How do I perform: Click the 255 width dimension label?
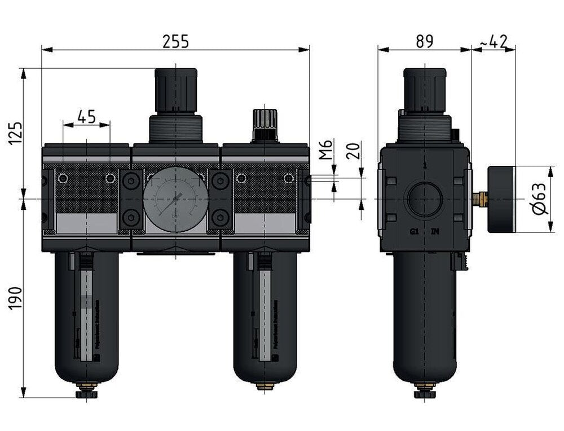[x=175, y=41]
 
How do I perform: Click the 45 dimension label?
[x=86, y=117]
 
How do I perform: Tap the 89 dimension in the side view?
[x=424, y=41]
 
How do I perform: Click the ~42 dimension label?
[x=493, y=41]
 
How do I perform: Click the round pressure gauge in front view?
[x=175, y=199]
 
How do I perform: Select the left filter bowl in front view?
[x=86, y=316]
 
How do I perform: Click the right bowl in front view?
[x=265, y=316]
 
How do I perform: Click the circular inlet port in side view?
[x=424, y=199]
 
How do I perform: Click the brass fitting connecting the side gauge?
[x=481, y=198]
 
